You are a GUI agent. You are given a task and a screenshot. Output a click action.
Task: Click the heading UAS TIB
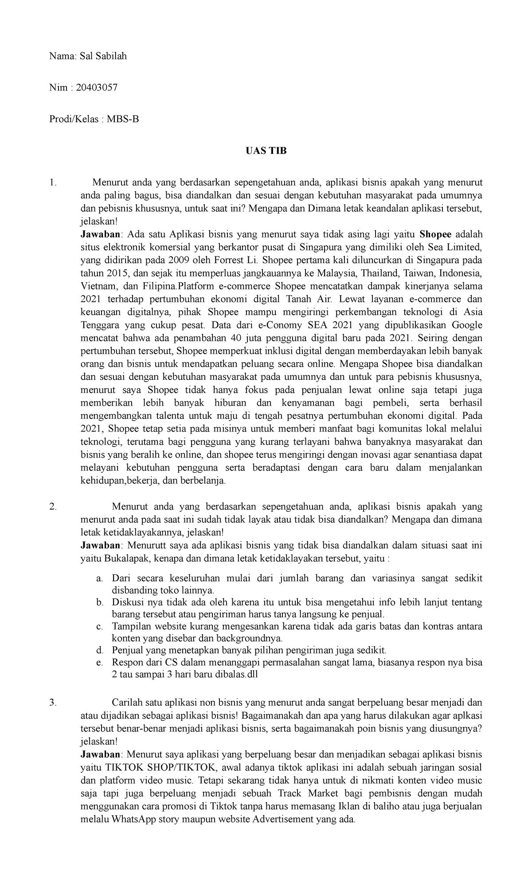[266, 150]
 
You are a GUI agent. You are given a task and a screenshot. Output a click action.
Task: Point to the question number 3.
[53, 702]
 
